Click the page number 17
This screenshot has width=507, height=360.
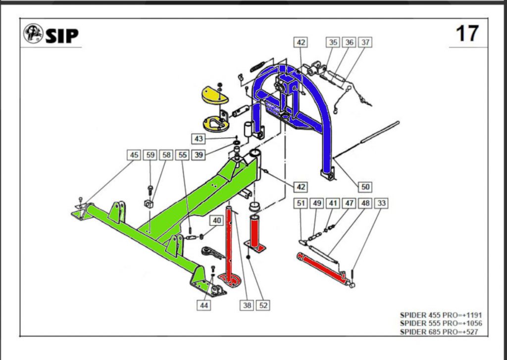coord(467,34)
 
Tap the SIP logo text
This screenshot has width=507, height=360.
coord(62,35)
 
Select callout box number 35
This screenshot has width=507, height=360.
coord(333,43)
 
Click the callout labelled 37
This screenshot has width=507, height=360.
coord(365,43)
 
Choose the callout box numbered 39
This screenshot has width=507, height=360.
coord(199,155)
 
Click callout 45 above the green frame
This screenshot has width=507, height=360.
coord(134,155)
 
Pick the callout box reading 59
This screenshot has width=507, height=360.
coord(151,155)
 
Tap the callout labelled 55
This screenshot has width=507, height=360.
coord(183,155)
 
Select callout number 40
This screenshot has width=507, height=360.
coord(216,220)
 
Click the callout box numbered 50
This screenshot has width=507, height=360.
coord(365,187)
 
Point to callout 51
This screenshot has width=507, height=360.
coord(300,203)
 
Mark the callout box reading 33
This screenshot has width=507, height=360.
coord(381,203)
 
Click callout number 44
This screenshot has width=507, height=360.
coord(204,306)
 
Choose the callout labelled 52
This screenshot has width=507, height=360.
coord(263,306)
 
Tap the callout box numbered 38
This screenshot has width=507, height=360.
coord(247,306)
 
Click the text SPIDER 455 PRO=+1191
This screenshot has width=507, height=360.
coord(440,315)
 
